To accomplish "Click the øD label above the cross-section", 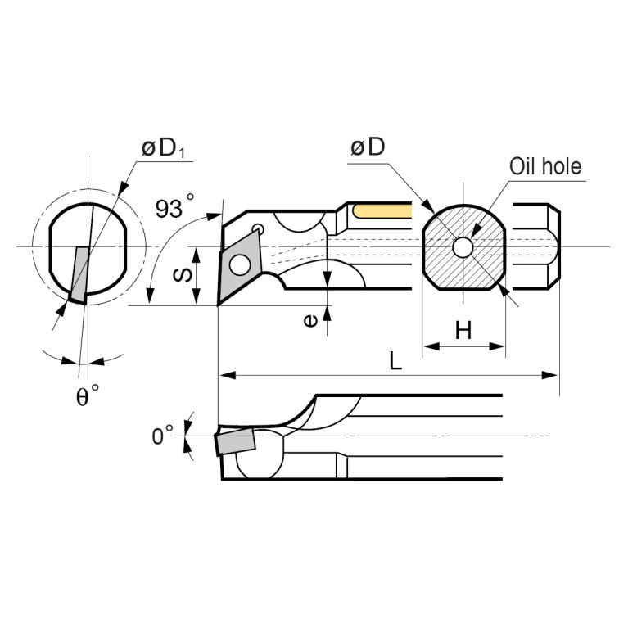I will click(367, 147).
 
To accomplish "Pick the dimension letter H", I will click(463, 331).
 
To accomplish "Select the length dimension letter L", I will click(395, 361).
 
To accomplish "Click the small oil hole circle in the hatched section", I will click(463, 246).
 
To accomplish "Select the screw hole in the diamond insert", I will click(239, 265).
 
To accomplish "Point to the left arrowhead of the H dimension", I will click(427, 346).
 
